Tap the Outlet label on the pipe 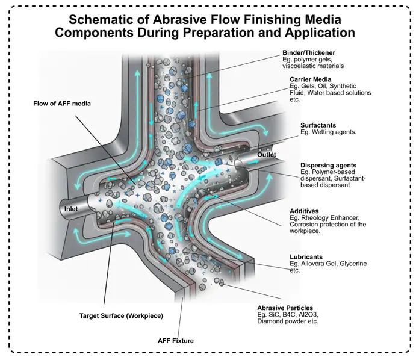click(x=266, y=155)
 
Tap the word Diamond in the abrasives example click(x=272, y=321)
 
